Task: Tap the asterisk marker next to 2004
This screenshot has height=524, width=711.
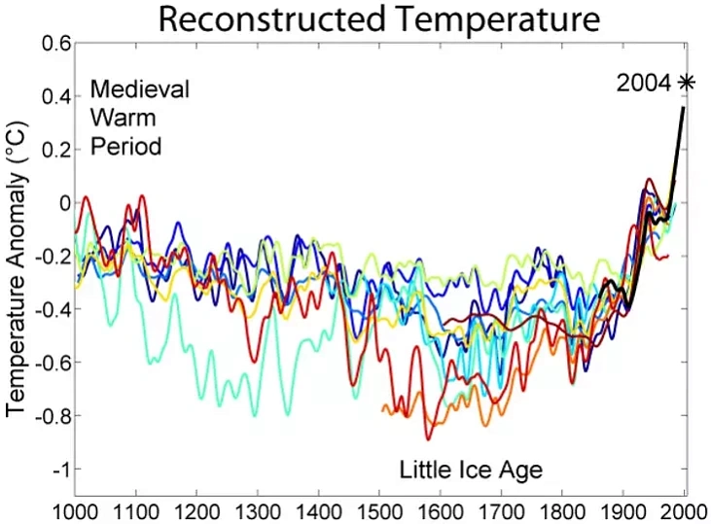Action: click(687, 84)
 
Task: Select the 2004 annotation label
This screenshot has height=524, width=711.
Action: click(644, 84)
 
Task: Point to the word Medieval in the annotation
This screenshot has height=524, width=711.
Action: click(140, 89)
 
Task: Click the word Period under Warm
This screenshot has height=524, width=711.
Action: click(125, 148)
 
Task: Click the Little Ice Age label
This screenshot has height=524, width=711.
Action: click(471, 471)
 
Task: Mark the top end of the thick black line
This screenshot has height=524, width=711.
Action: click(683, 108)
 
